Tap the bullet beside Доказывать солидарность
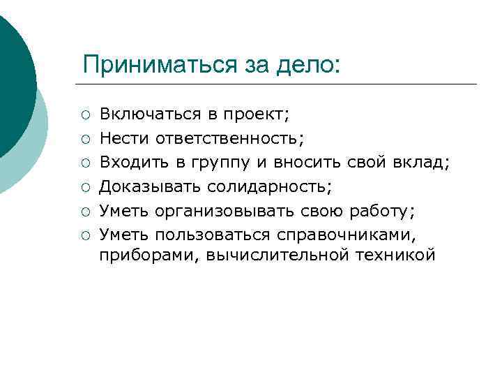click(84, 187)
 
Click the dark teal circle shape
click(14, 77)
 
